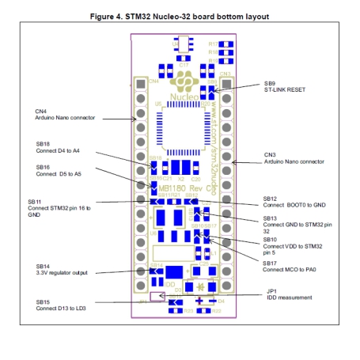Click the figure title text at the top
coord(180,16)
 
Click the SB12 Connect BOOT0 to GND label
coord(292,202)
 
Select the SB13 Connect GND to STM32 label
coord(294,224)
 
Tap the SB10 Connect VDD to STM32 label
coord(292,246)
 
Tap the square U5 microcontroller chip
coord(180,129)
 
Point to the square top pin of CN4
coord(141,82)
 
